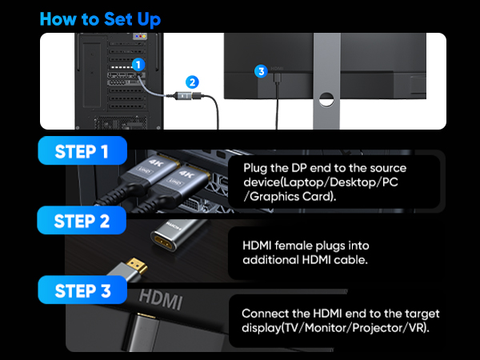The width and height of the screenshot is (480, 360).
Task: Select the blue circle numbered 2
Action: coord(191,81)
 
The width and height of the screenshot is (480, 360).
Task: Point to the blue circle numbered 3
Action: coord(259,71)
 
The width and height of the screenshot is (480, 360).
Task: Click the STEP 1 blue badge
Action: coord(82,150)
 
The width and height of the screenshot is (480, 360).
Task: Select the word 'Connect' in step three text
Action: coord(264,313)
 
